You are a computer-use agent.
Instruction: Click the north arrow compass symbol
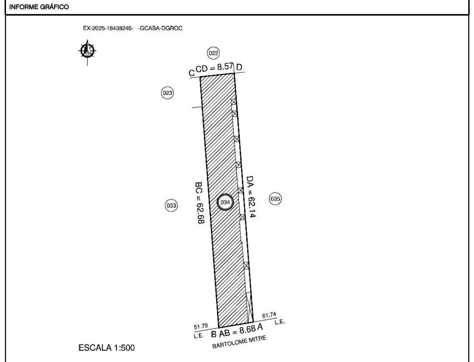point(87,51)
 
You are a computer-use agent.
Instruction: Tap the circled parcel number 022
point(213,53)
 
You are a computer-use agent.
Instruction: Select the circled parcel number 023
point(168,93)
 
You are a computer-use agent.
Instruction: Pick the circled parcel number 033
point(171,205)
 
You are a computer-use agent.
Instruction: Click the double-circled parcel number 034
point(225,202)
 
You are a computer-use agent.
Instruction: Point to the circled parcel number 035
point(275,199)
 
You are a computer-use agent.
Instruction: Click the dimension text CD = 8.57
point(214,68)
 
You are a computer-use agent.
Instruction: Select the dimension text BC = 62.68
point(199,203)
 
